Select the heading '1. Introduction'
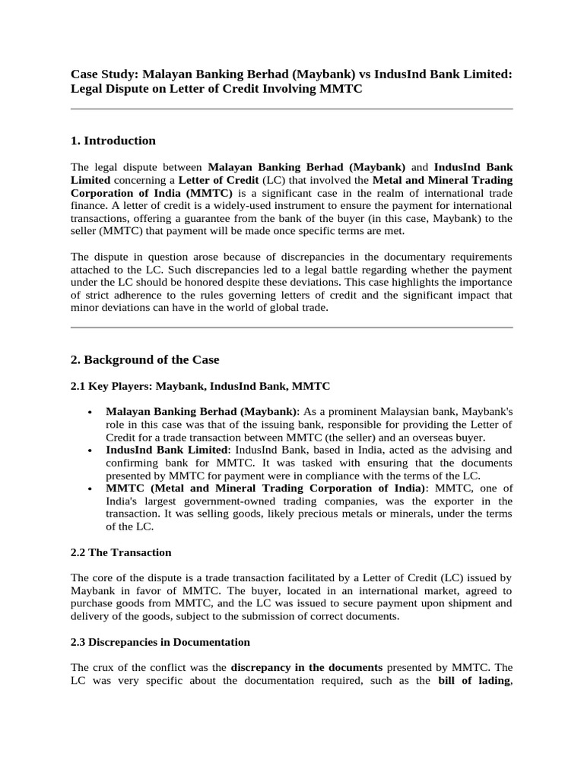pos(113,141)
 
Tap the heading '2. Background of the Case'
pos(144,359)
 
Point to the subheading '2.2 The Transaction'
pos(121,552)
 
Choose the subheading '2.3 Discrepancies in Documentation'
pos(160,642)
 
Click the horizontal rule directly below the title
pos(291,109)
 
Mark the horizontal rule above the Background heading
pos(291,328)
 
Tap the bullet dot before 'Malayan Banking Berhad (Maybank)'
pos(90,411)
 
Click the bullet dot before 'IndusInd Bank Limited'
pos(90,450)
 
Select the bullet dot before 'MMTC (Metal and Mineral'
pos(90,488)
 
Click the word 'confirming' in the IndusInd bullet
pos(131,463)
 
